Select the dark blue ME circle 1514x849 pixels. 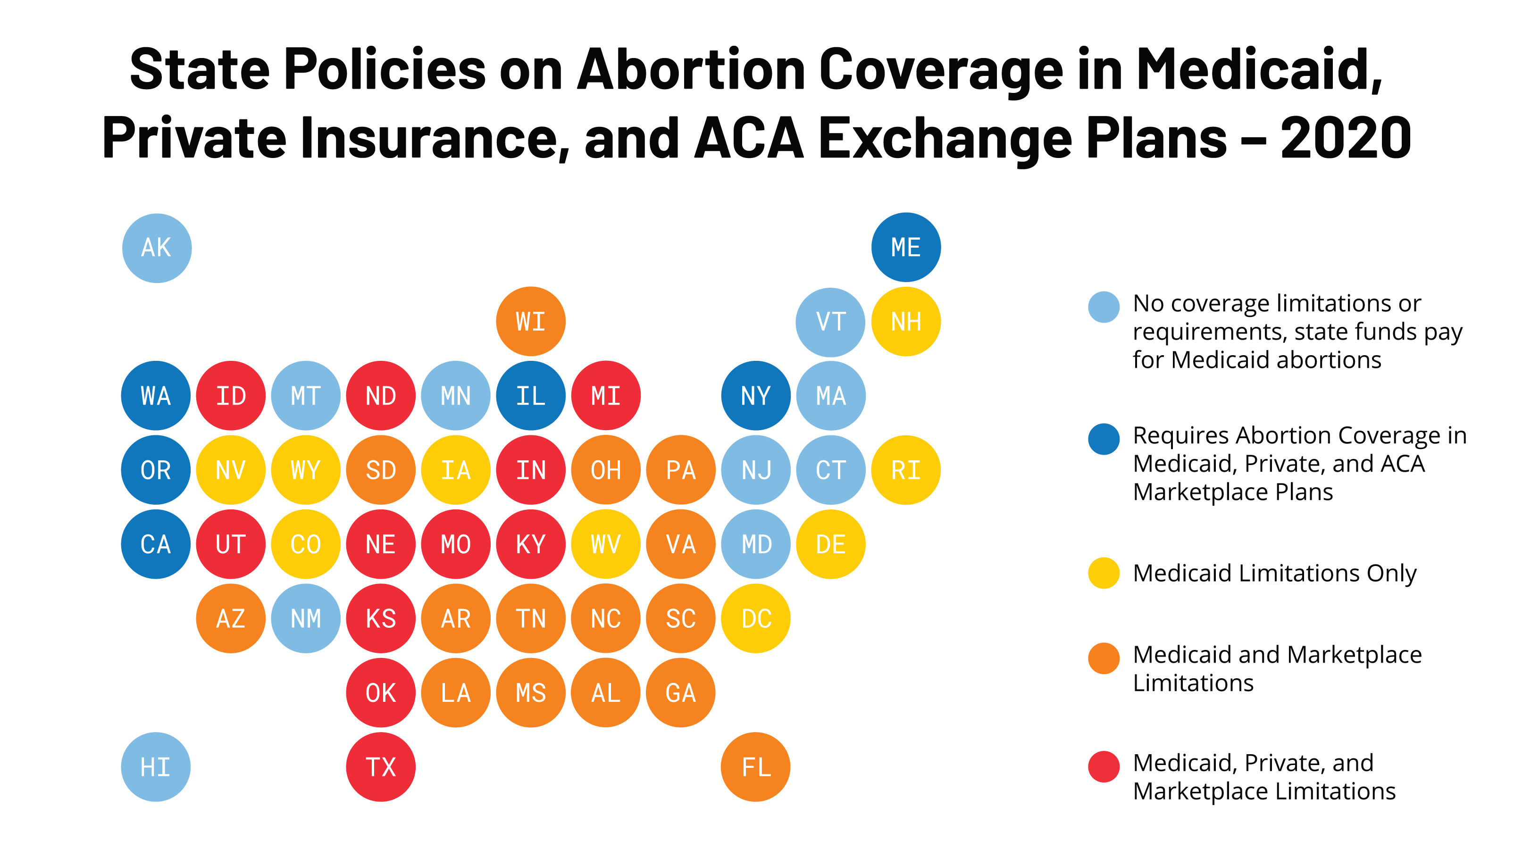pos(906,247)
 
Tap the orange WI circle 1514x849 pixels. pos(531,321)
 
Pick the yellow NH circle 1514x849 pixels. pos(906,321)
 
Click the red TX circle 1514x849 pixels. pos(381,767)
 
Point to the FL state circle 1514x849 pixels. pos(755,767)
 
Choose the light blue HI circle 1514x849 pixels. pos(156,767)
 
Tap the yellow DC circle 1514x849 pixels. pos(755,618)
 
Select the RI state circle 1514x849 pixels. pos(906,470)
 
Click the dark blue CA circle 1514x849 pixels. pos(156,544)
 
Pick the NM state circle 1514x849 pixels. pos(306,618)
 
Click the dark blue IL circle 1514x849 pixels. pos(531,395)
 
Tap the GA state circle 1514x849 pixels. pos(681,693)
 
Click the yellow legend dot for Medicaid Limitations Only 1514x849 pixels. pos(1104,573)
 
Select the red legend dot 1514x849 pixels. pos(1104,767)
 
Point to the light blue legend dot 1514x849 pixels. pos(1104,307)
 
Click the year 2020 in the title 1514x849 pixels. pos(1346,139)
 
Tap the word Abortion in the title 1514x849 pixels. pos(691,69)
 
